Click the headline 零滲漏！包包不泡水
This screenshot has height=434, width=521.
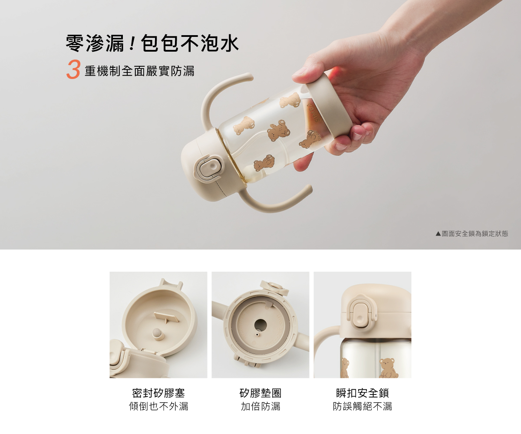pyautogui.click(x=152, y=43)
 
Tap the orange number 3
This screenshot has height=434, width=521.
pyautogui.click(x=73, y=69)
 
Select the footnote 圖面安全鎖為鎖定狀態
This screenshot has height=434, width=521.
pyautogui.click(x=475, y=234)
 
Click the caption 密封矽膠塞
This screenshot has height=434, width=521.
pyautogui.click(x=158, y=393)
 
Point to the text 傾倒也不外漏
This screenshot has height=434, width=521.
pyautogui.click(x=158, y=407)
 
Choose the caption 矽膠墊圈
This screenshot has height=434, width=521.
pyautogui.click(x=260, y=393)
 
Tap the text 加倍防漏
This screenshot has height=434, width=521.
pyautogui.click(x=260, y=407)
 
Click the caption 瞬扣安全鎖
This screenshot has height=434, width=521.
pyautogui.click(x=362, y=393)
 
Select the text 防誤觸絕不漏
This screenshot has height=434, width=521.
pyautogui.click(x=362, y=407)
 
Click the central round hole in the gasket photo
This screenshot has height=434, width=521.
pyautogui.click(x=260, y=325)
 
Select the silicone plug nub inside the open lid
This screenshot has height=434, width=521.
pyautogui.click(x=157, y=334)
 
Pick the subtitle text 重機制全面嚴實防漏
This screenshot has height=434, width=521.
pyautogui.click(x=139, y=71)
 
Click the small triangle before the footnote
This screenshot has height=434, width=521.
pyautogui.click(x=438, y=234)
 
